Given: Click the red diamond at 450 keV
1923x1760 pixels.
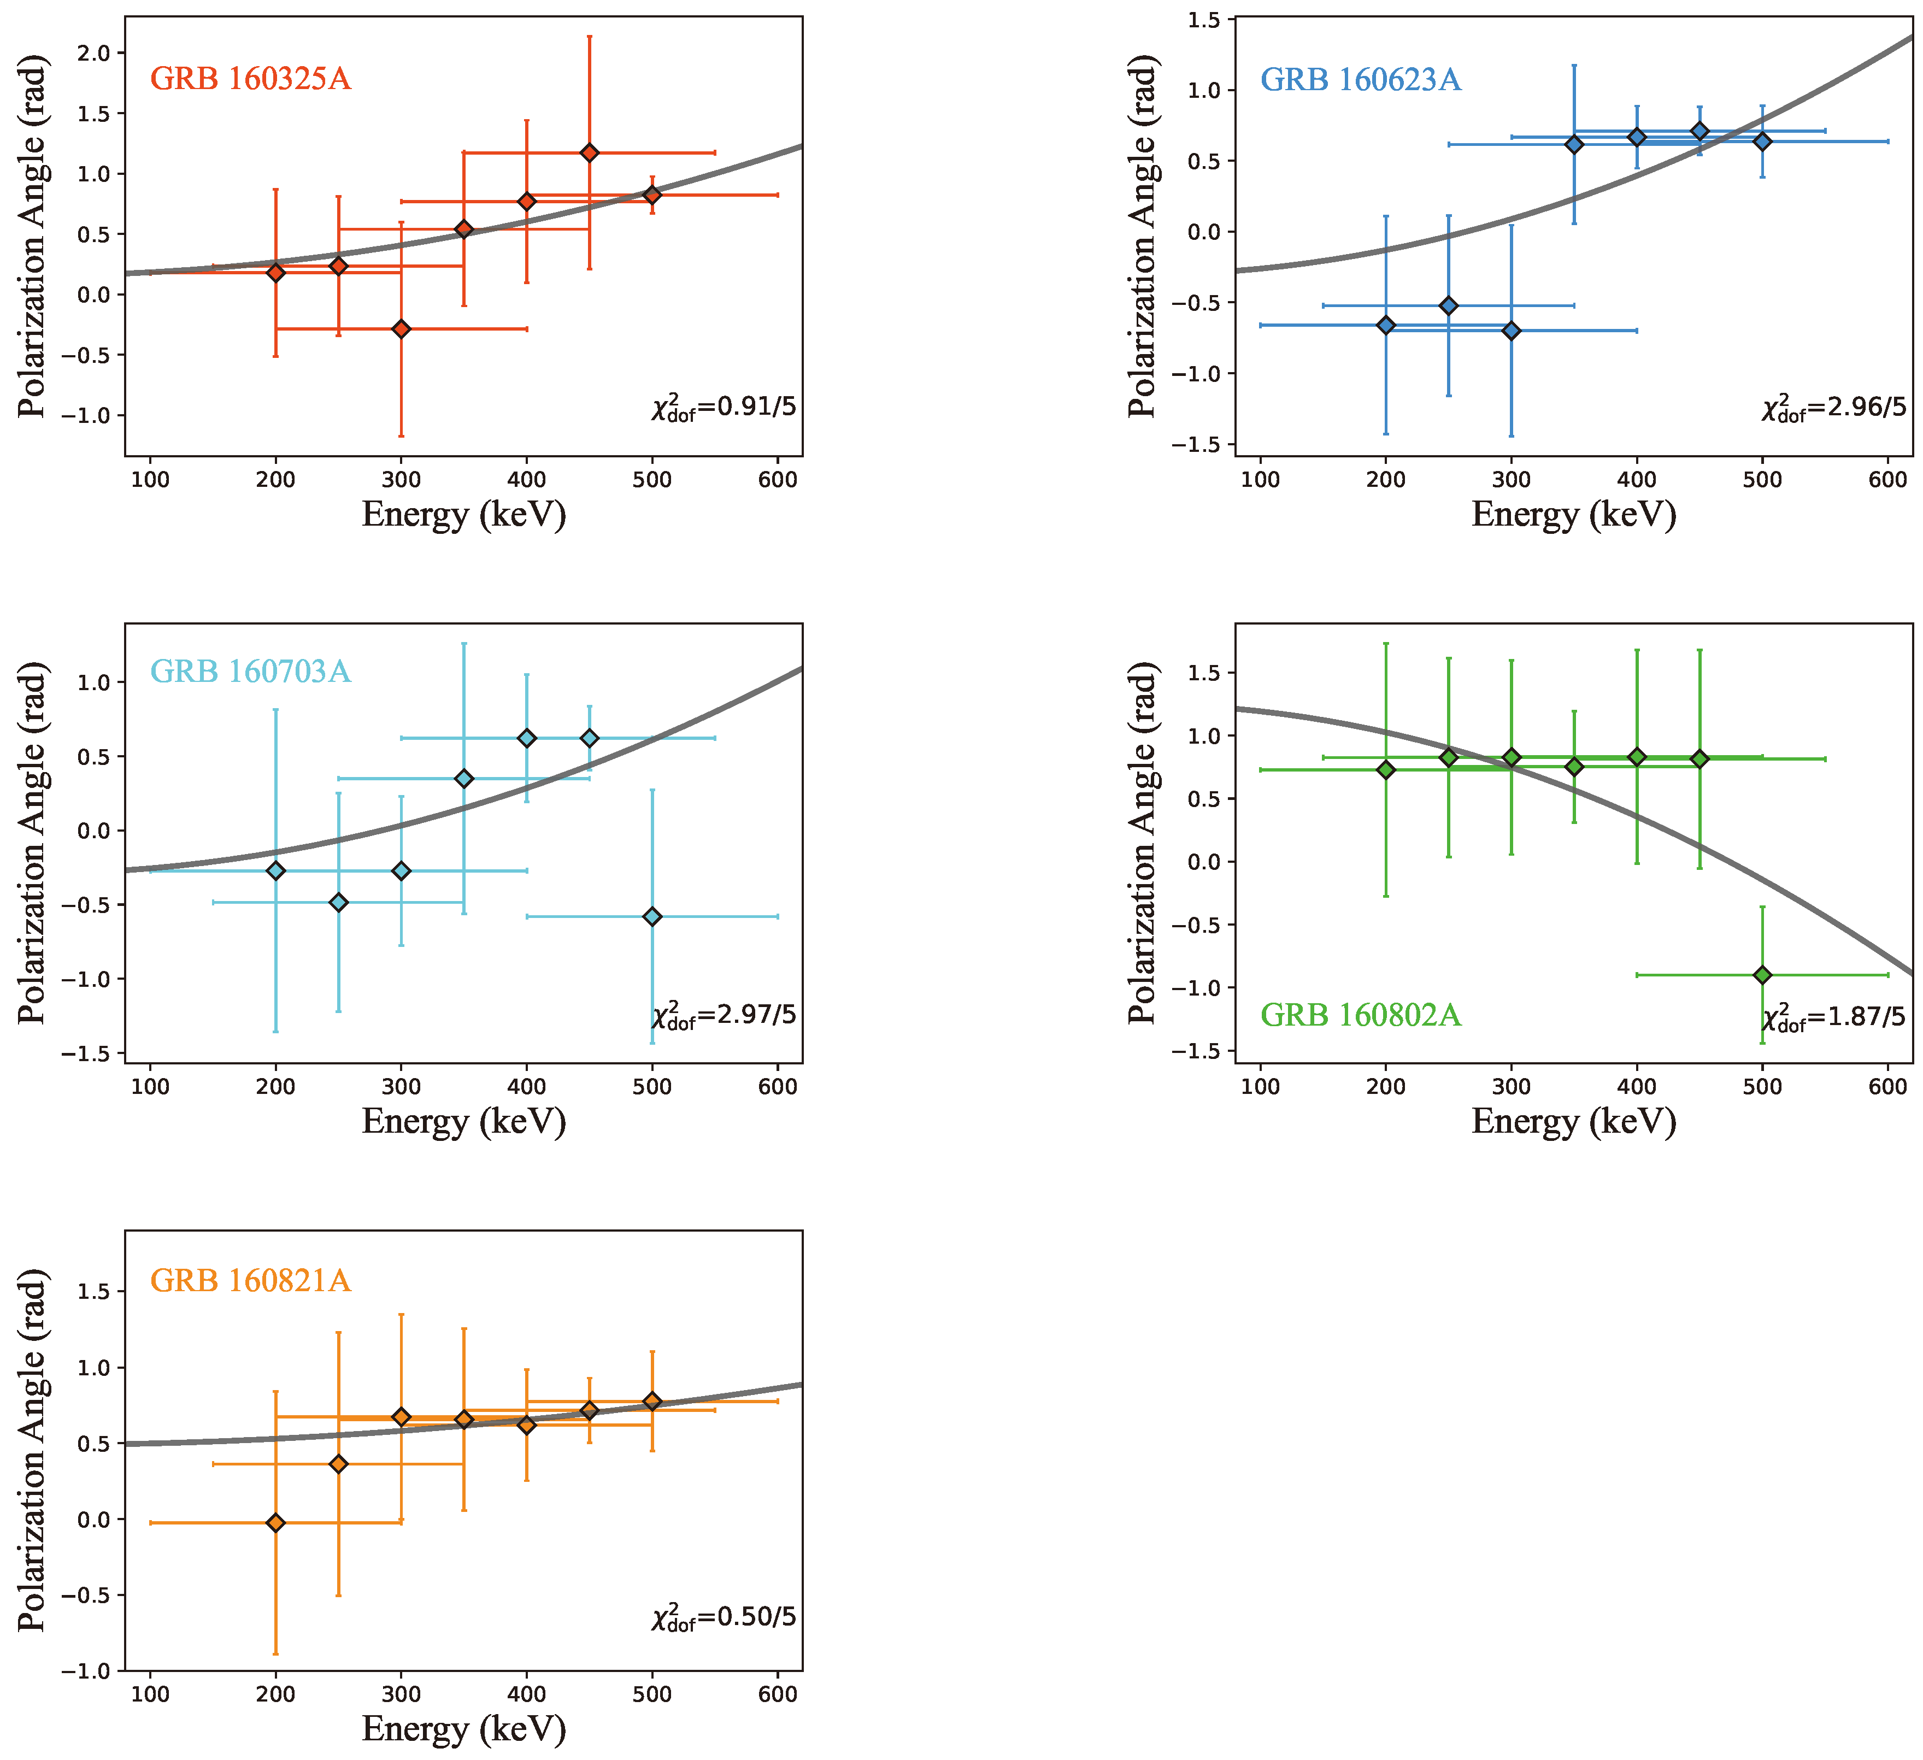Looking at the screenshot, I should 590,152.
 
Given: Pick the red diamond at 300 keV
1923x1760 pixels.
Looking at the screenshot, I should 402,329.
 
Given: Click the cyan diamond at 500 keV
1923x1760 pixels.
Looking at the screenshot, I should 652,917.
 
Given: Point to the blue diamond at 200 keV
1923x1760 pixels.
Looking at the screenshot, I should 1386,325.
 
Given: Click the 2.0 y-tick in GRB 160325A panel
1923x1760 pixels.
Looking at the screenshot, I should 93,52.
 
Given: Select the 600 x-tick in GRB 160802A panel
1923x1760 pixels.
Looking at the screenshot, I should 1887,1086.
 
